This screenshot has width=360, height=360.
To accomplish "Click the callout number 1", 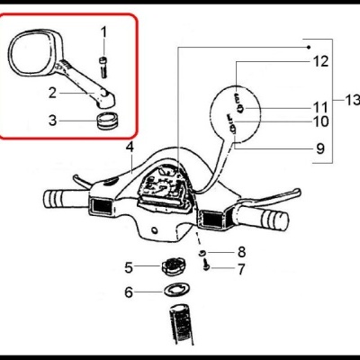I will pos(103,33).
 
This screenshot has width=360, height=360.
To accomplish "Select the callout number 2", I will pos(53,92).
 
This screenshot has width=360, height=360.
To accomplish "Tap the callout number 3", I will pos(53,120).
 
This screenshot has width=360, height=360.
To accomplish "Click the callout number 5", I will pos(129,266).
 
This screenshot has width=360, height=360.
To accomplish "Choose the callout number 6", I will pos(129,292).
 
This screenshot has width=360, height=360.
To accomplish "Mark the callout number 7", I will pos(241,269).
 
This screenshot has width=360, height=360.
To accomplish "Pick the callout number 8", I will pos(241,251).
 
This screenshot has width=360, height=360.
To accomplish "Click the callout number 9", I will pos(320,148).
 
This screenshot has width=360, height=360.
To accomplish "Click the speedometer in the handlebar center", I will pos(165,185).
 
